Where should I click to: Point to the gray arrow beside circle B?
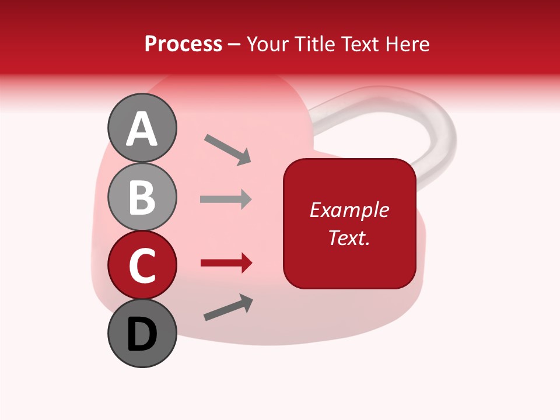(226, 199)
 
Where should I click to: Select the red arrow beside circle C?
(226, 263)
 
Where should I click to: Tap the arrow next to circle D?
(228, 307)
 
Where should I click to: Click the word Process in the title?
(183, 44)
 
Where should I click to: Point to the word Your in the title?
(268, 44)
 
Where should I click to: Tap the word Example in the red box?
(349, 210)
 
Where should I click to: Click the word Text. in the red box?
(349, 237)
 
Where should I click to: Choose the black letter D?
(142, 334)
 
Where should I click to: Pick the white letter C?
(142, 265)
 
